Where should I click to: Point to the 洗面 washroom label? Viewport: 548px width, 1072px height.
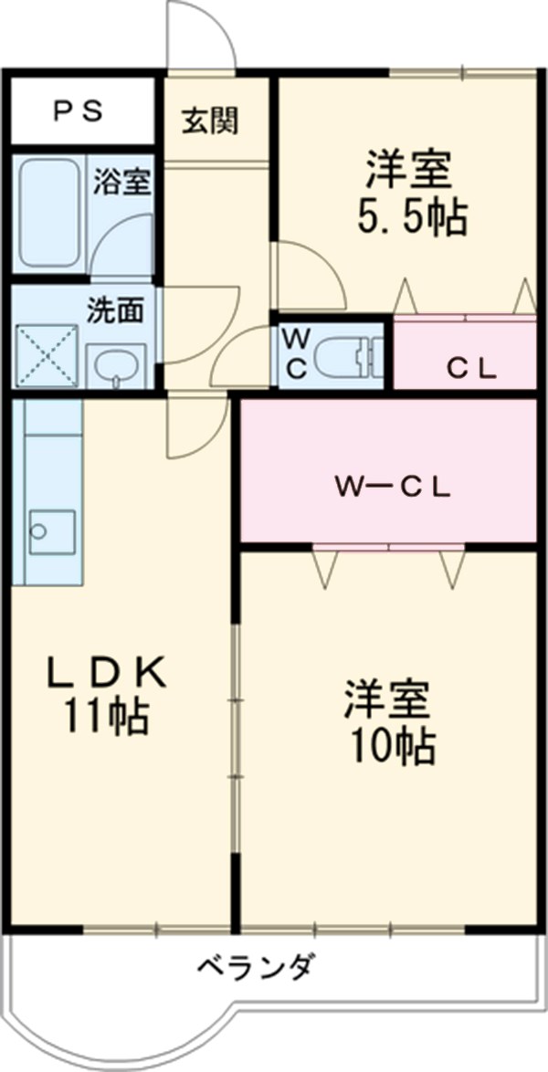point(115,310)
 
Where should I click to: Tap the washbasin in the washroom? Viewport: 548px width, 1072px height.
point(115,365)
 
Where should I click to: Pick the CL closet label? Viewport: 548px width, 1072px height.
point(471,370)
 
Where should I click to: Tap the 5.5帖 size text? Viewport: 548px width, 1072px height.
point(412,219)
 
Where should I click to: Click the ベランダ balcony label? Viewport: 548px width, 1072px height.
point(257,964)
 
